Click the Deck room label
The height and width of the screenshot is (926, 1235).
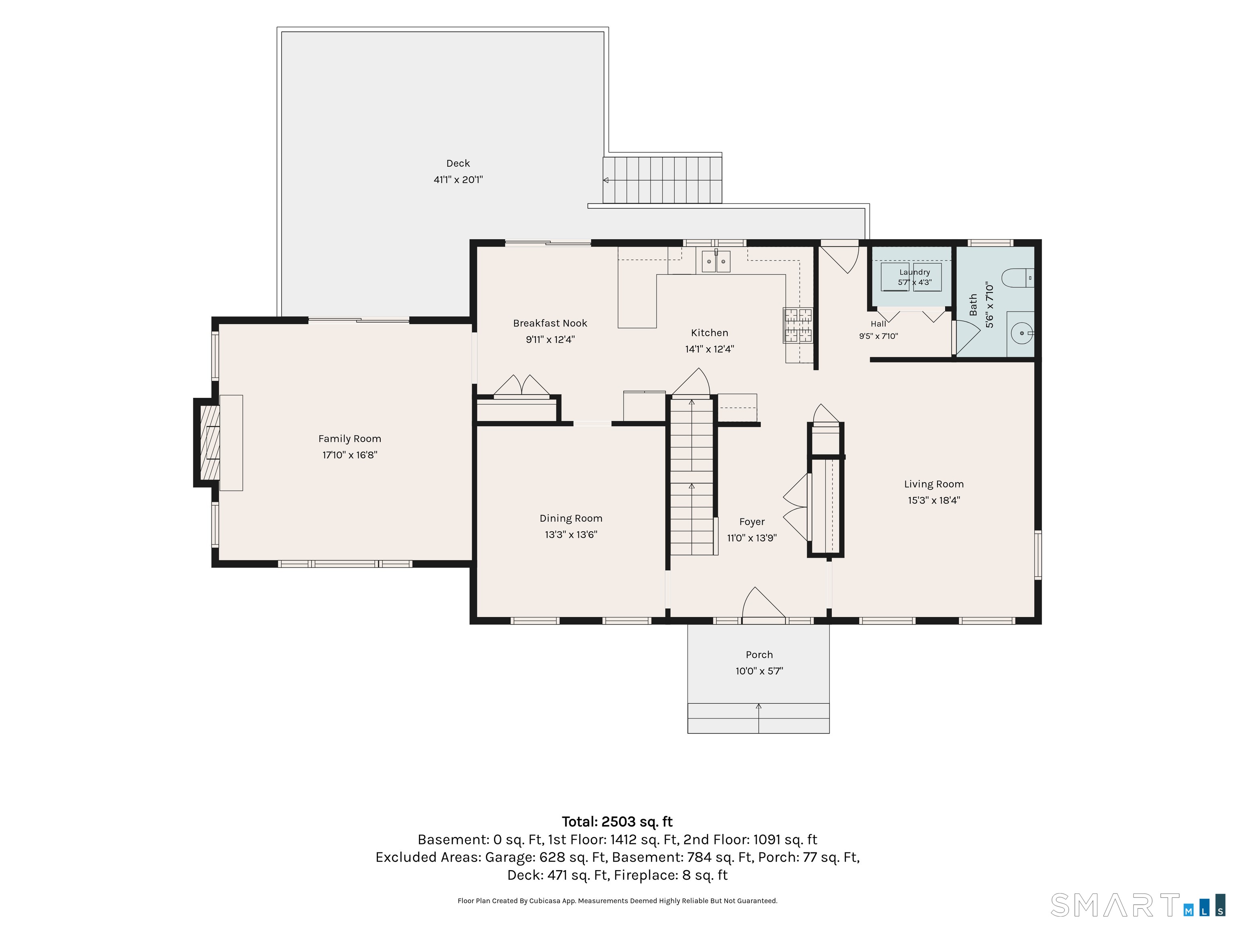pos(458,164)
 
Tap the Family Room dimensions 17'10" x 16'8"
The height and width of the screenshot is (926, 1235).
pos(349,455)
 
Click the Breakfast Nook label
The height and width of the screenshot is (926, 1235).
pos(550,323)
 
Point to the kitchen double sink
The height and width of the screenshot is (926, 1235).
pos(716,261)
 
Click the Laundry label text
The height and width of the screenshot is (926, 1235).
pos(915,272)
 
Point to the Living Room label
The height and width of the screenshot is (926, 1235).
pos(933,484)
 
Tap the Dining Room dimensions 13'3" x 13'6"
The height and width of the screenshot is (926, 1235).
pos(570,535)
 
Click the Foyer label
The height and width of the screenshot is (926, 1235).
pos(751,522)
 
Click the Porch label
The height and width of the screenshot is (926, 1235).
pos(759,655)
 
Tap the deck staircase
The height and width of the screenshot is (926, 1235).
pos(662,180)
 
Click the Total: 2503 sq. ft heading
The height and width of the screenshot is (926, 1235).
pos(617,822)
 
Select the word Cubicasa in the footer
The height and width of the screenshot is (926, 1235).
pos(544,901)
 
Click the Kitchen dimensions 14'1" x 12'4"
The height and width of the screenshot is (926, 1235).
pos(709,349)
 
